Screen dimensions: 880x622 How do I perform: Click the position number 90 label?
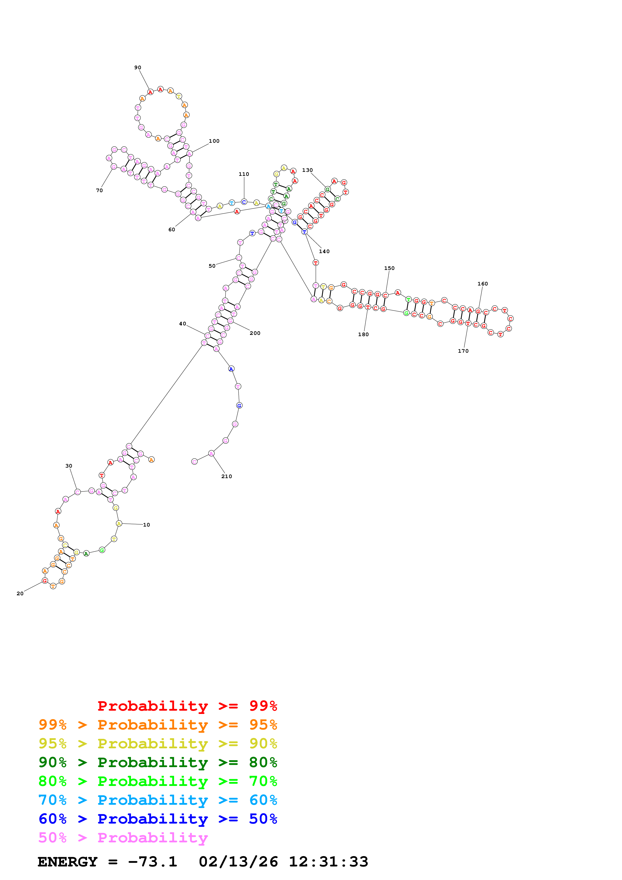click(x=137, y=67)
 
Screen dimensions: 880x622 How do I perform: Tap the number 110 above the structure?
click(x=244, y=174)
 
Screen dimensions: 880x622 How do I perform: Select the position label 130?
click(x=307, y=170)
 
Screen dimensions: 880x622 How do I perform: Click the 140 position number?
click(x=324, y=251)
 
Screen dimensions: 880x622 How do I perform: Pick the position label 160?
click(x=482, y=284)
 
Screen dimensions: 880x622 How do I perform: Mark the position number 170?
click(x=463, y=351)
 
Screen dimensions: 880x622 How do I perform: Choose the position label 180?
click(x=363, y=334)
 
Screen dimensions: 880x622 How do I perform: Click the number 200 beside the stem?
click(x=255, y=333)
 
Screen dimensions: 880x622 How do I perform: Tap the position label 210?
click(x=227, y=476)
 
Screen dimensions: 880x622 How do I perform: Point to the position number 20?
click(x=20, y=593)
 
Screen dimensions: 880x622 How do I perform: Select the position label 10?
click(x=146, y=525)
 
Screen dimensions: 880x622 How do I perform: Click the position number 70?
click(x=99, y=190)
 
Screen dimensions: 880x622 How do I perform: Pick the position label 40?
click(x=182, y=324)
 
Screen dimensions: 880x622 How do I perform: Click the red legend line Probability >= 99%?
click(x=187, y=706)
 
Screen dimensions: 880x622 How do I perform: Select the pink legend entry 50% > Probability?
click(x=123, y=837)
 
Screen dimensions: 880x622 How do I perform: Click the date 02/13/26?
click(x=238, y=862)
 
